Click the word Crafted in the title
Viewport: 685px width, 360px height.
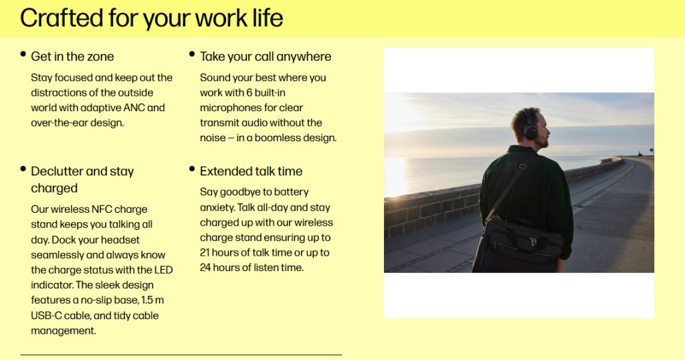[61, 18]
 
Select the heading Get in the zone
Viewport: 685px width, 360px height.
[72, 56]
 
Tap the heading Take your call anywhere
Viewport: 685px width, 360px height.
[266, 56]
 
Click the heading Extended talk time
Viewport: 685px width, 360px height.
[252, 171]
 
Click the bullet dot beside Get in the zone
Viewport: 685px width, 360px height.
[23, 54]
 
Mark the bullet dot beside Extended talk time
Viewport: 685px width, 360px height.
[192, 169]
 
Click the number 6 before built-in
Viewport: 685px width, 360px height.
[249, 92]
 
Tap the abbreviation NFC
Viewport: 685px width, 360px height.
[102, 209]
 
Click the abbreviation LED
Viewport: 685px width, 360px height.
[163, 270]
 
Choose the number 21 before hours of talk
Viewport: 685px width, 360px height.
[205, 252]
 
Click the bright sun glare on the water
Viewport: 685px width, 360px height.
[395, 175]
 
